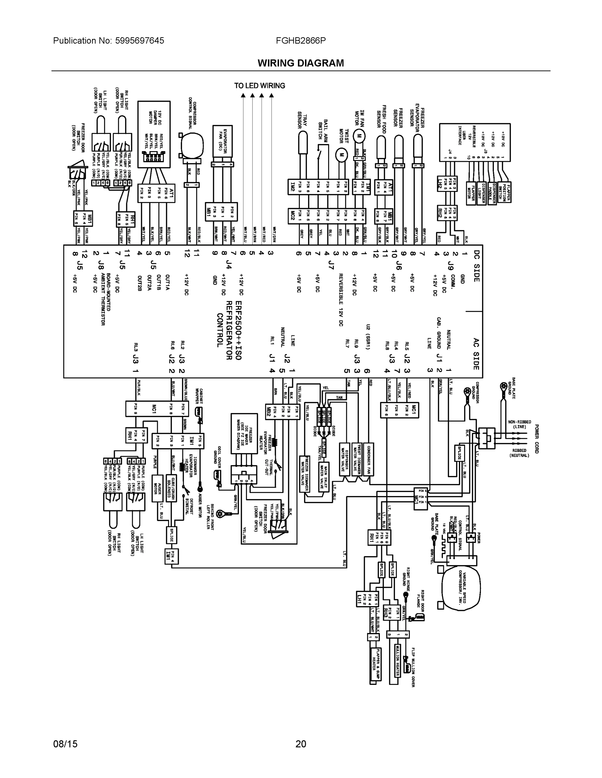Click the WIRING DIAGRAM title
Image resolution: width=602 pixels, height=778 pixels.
click(x=301, y=63)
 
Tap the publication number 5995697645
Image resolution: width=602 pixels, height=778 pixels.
click(x=140, y=41)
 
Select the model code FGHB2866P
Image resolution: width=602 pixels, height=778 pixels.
click(x=301, y=41)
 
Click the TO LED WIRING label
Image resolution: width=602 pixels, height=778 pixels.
click(x=260, y=86)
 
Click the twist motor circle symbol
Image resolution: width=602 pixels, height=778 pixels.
click(x=341, y=155)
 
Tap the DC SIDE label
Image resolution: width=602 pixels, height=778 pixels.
click(x=476, y=266)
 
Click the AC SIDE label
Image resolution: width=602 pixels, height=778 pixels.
click(x=476, y=354)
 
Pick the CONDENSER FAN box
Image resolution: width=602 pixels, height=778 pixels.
click(x=369, y=460)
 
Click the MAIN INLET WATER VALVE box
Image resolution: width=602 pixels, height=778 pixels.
click(x=324, y=477)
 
